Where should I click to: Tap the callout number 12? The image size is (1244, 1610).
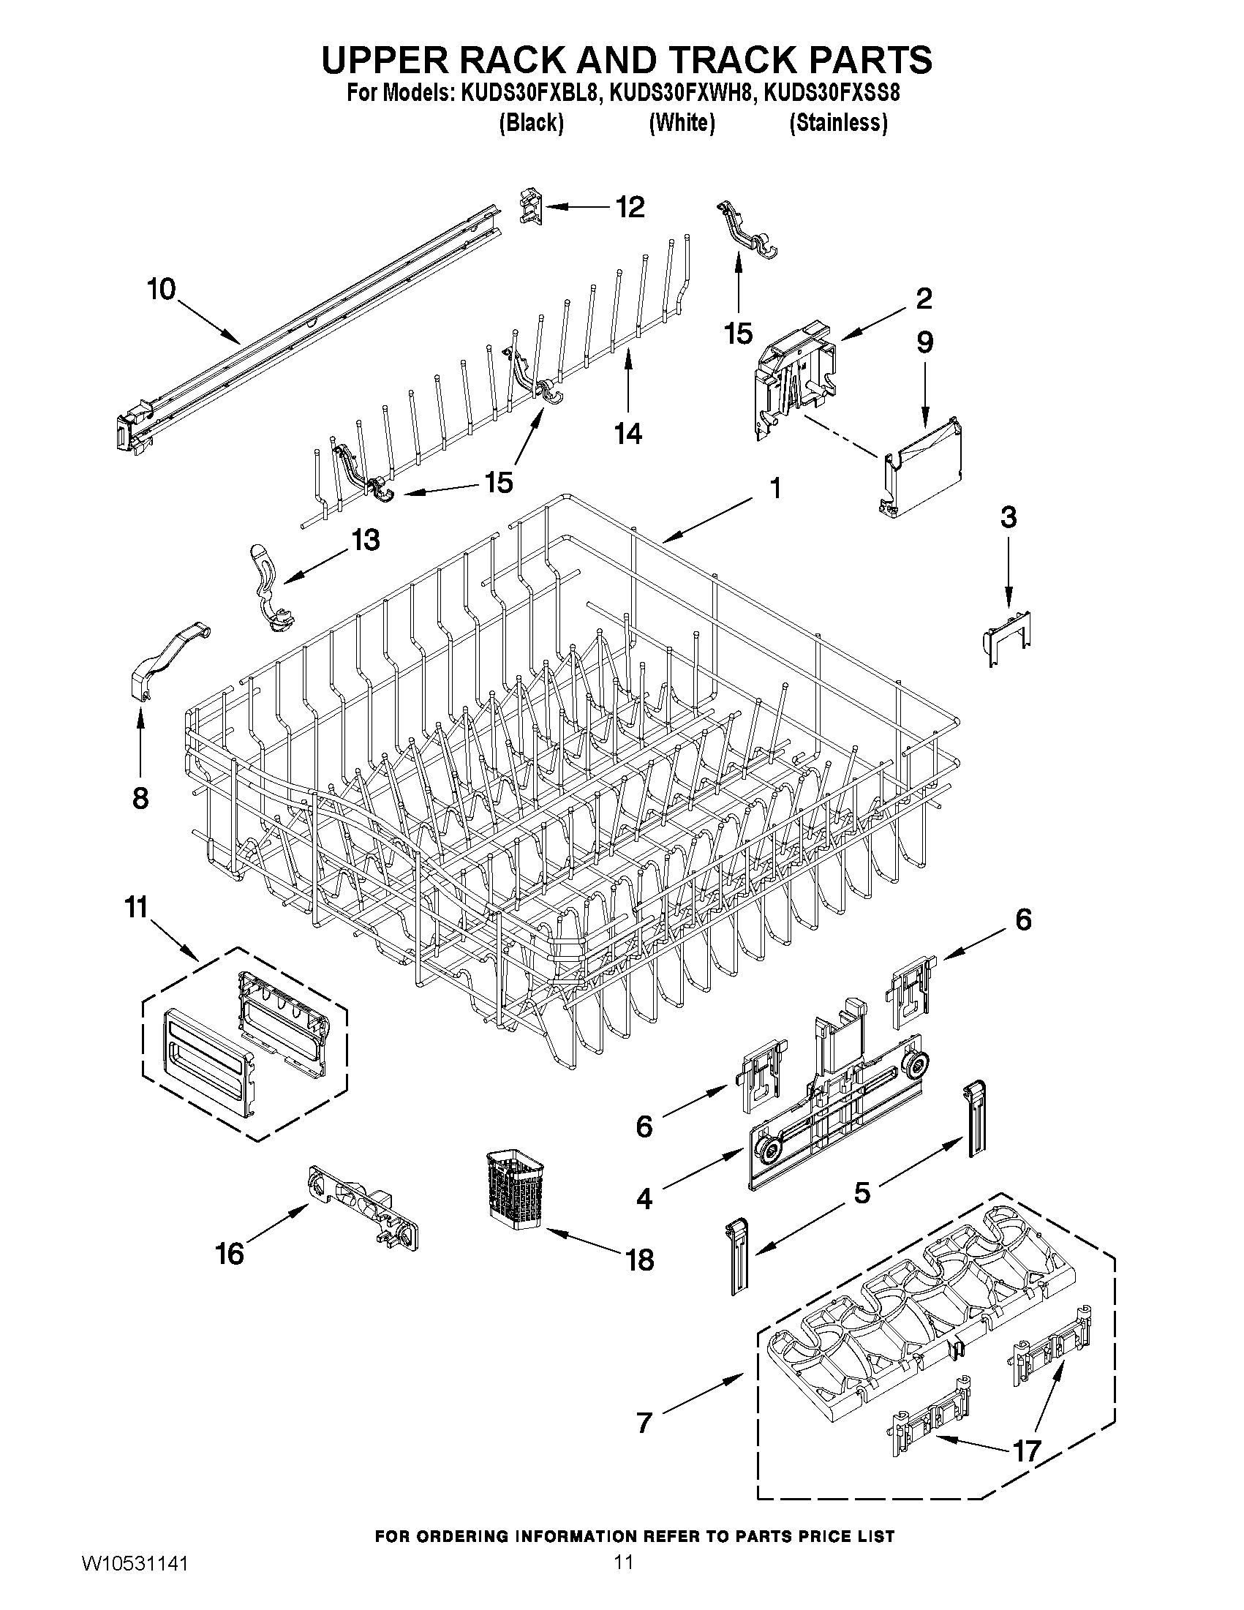pos(630,207)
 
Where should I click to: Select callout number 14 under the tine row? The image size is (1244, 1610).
pos(628,434)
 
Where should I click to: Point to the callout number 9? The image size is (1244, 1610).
pos(925,342)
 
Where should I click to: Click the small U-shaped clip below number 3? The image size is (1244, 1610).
pos(1009,636)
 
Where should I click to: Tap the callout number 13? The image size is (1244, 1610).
pos(365,540)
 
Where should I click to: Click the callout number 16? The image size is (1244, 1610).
pos(229,1253)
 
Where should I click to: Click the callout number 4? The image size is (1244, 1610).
pos(644,1199)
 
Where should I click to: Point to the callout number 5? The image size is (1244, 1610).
pos(862,1192)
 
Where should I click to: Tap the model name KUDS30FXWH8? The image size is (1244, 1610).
pos(682,94)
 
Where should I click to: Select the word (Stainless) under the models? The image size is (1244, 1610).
pos(838,123)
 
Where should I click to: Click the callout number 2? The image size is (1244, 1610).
pos(924,298)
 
